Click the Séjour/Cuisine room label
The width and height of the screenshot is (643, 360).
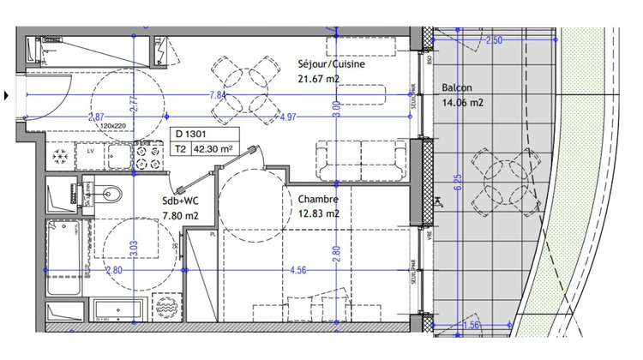331,64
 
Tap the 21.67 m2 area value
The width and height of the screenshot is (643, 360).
319,80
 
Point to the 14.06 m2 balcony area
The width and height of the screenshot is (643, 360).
463,103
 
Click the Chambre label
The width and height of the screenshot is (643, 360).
318,199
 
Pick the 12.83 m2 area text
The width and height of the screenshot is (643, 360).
319,213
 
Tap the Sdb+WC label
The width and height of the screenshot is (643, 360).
182,201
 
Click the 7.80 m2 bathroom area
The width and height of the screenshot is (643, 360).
180,216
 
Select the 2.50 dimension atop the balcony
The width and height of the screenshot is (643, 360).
494,40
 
